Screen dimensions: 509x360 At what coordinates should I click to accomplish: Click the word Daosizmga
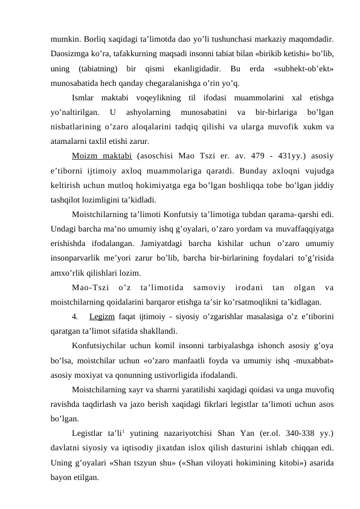click(x=69, y=54)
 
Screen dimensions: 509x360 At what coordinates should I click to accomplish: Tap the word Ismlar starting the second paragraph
click(x=83, y=97)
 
